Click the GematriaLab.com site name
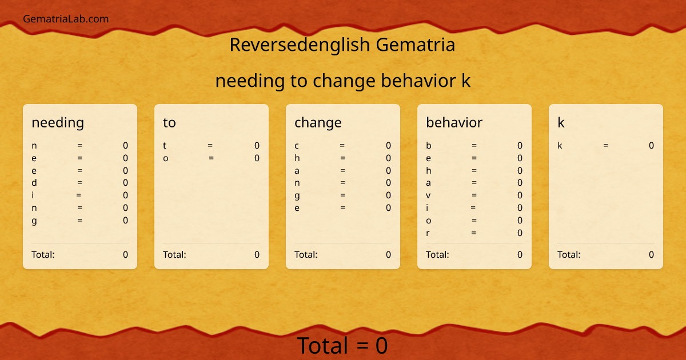coord(66,19)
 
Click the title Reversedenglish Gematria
coord(342,45)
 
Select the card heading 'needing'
coord(58,122)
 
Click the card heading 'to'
coord(169,122)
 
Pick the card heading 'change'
coord(318,122)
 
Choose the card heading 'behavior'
coord(454,122)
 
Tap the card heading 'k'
coord(561,122)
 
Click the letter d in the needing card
coord(34,183)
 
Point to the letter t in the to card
coord(165,146)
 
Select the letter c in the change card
coord(297,146)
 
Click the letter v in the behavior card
coord(428,195)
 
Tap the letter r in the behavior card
coord(428,233)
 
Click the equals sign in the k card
coord(605,146)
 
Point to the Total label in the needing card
coord(43,255)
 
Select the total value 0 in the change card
coord(388,255)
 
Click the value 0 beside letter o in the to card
coord(257,158)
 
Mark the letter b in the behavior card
coord(429,146)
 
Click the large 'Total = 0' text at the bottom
coord(342,346)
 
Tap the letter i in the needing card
coord(33,195)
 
